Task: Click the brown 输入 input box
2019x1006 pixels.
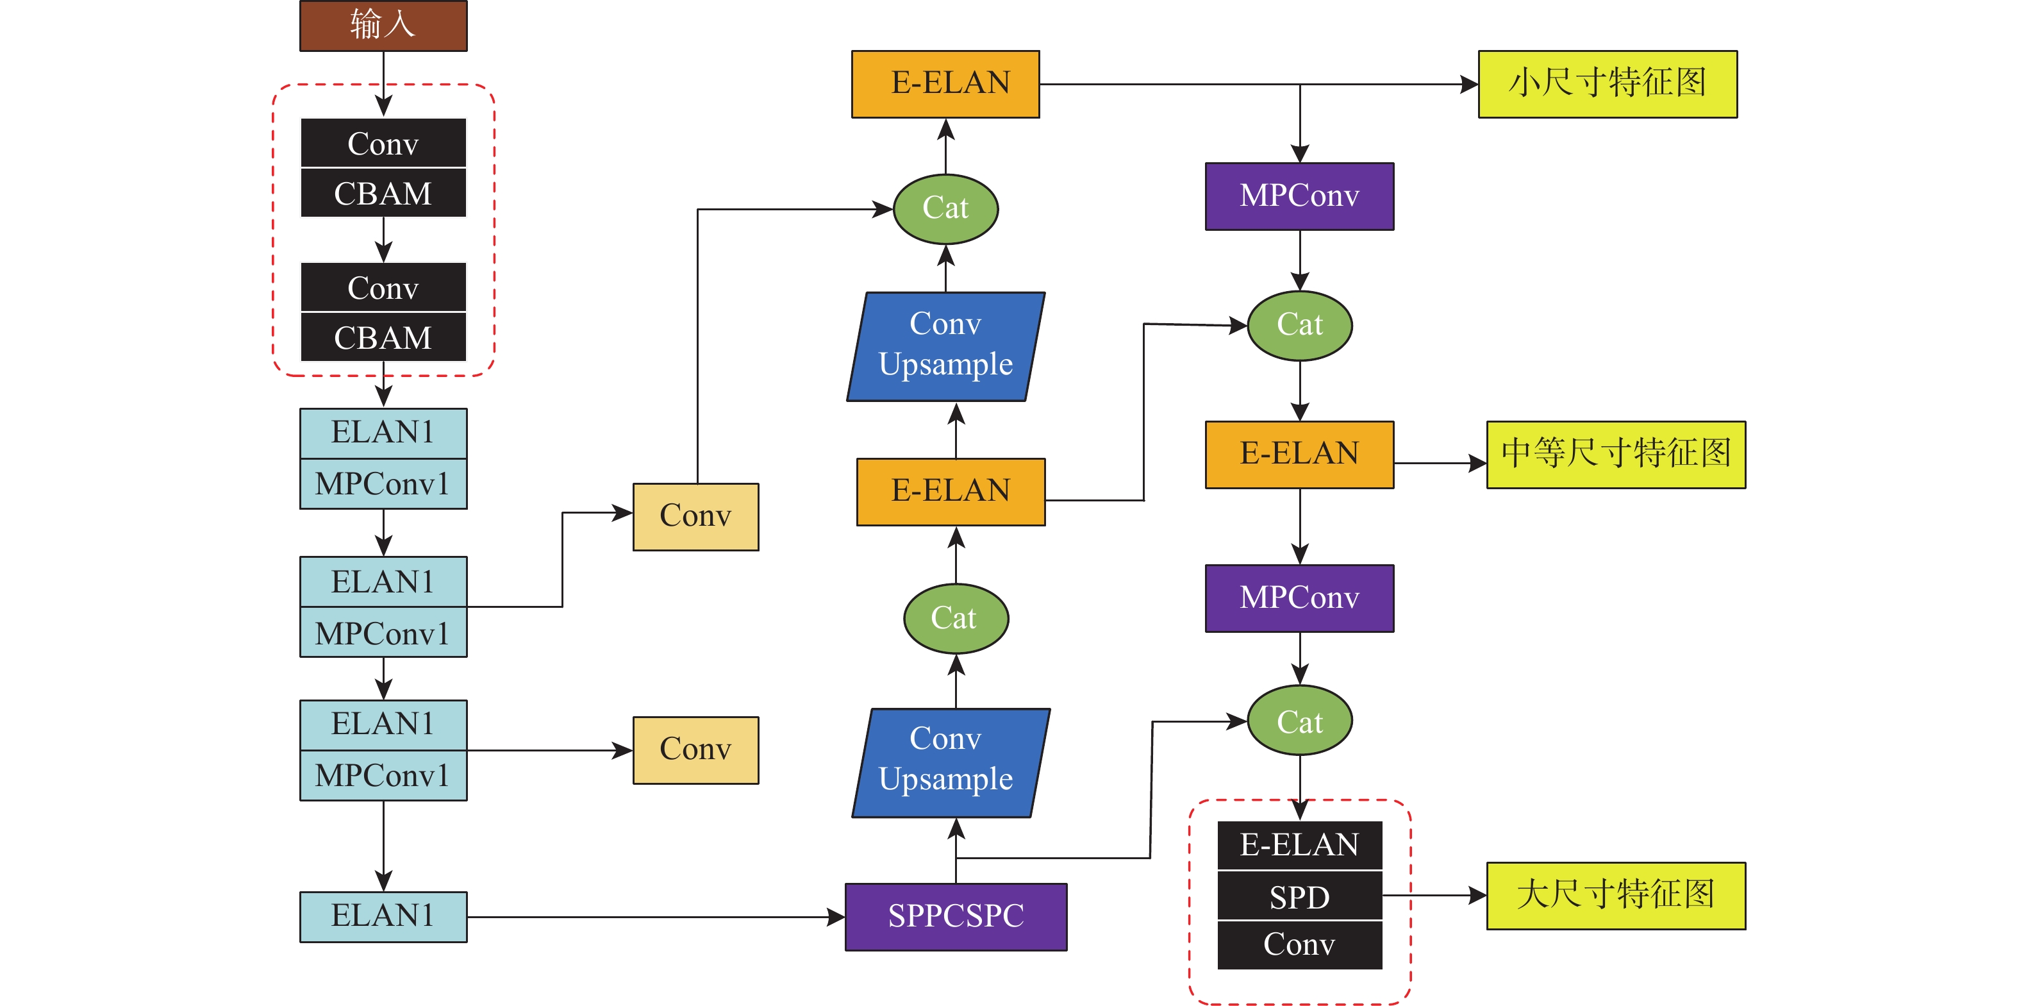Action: [x=383, y=26]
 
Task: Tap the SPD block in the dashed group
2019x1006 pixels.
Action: [x=1299, y=896]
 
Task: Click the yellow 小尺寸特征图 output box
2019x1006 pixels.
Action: [x=1607, y=84]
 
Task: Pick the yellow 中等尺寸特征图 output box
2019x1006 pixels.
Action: [x=1615, y=455]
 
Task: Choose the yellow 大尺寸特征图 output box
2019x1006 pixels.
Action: [x=1615, y=896]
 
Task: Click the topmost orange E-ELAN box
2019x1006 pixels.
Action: [x=945, y=84]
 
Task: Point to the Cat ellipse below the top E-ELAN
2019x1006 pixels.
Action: [x=945, y=208]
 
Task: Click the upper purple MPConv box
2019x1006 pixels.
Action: [x=1299, y=196]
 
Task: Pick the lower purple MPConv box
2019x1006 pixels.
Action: [x=1299, y=598]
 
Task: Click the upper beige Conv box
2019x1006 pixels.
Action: [x=695, y=517]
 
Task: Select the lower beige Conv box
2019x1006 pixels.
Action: [x=695, y=750]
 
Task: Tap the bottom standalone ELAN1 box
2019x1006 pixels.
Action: [x=383, y=916]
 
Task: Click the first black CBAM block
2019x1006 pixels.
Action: [x=383, y=194]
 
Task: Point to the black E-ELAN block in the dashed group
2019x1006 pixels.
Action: [x=1299, y=845]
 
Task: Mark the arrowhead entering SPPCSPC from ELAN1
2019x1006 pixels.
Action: [x=837, y=917]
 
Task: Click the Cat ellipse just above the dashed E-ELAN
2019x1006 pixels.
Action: [x=1299, y=721]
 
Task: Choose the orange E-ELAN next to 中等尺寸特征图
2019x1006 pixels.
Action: [x=1299, y=455]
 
